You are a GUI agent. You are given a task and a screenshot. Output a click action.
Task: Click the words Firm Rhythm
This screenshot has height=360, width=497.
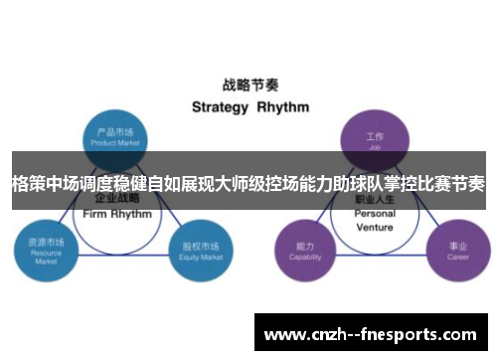pyautogui.click(x=117, y=214)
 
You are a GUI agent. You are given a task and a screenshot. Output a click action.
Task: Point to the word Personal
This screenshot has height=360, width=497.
pyautogui.click(x=375, y=214)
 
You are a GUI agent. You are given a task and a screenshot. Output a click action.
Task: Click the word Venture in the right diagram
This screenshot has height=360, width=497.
pyautogui.click(x=375, y=227)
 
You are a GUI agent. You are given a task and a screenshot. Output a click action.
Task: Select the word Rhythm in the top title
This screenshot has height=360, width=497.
pyautogui.click(x=283, y=106)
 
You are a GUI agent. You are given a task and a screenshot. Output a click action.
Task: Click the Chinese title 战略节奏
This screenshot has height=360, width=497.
pyautogui.click(x=248, y=85)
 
